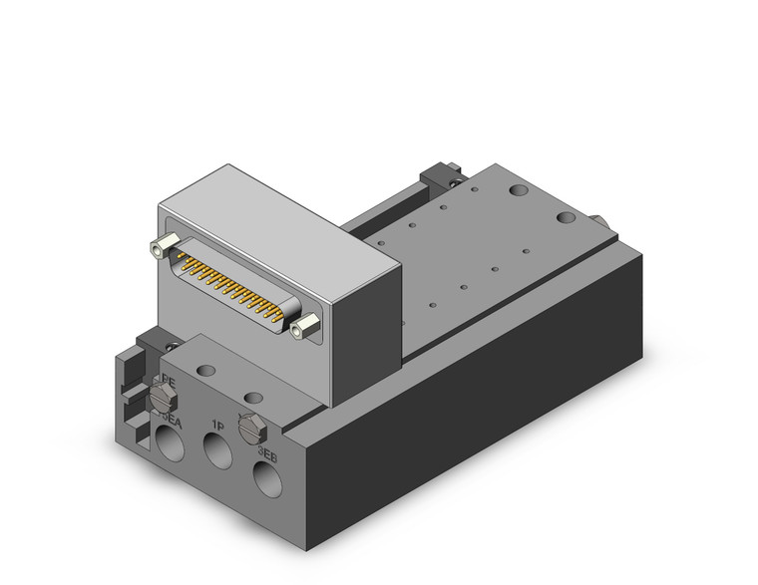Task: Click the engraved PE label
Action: click(x=169, y=379)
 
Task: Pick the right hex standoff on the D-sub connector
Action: click(x=310, y=323)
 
